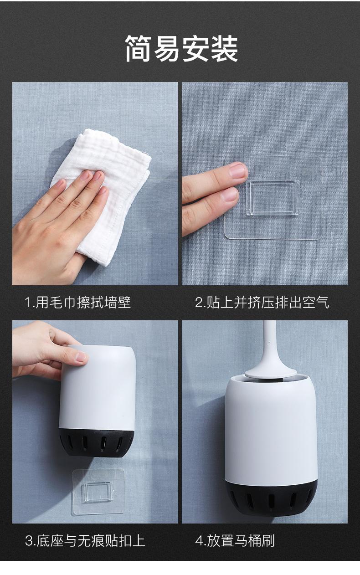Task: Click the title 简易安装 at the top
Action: (x=182, y=48)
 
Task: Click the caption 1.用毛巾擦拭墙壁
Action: (x=78, y=302)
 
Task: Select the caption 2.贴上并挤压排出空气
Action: (x=262, y=302)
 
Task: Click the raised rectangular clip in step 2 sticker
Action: (x=273, y=197)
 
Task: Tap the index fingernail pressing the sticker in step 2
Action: (x=238, y=170)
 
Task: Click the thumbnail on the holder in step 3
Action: (x=82, y=357)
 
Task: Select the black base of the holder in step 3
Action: (x=97, y=442)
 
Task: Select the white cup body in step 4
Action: (x=271, y=429)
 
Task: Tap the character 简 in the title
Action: (x=138, y=48)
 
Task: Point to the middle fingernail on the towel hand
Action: (x=97, y=175)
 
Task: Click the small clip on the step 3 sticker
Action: (x=98, y=491)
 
